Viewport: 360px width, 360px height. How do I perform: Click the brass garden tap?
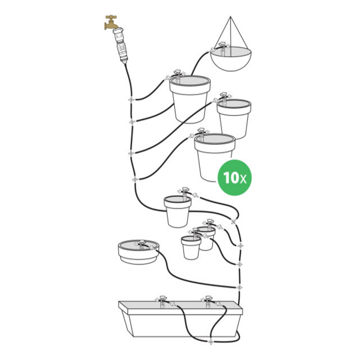111,23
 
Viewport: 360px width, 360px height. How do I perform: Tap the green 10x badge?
234,177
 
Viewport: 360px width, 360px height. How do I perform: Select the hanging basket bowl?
230,59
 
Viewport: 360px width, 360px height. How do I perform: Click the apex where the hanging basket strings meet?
230,17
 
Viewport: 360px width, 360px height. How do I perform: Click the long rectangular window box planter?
181,319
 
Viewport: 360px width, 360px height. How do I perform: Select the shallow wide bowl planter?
138,252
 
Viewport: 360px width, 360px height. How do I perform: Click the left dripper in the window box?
162,301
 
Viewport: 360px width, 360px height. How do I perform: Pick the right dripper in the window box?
208,301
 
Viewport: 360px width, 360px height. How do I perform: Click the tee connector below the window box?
210,342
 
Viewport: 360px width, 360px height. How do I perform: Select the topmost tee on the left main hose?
131,100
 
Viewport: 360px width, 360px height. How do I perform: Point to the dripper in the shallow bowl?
141,244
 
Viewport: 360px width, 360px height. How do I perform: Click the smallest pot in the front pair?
191,248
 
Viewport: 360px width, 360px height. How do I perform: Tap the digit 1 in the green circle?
227,177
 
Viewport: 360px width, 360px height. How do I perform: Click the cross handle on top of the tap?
111,17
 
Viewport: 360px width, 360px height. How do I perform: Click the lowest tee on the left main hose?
135,179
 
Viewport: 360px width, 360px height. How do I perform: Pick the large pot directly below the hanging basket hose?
190,99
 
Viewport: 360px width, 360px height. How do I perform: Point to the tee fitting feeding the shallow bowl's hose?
239,287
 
